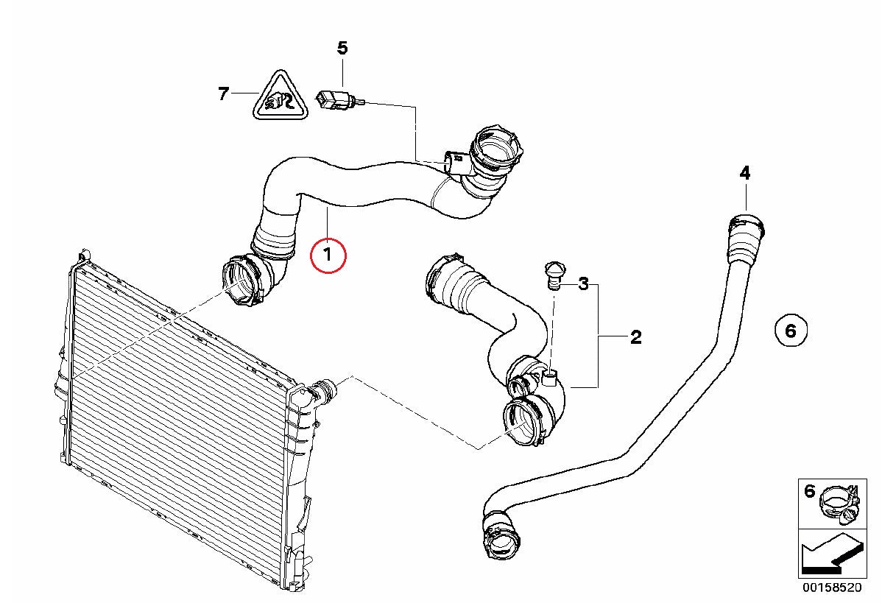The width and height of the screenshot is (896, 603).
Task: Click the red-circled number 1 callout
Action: [x=328, y=255]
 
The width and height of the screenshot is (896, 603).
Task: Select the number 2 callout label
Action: [x=636, y=337]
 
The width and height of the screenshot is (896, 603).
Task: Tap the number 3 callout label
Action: [x=584, y=284]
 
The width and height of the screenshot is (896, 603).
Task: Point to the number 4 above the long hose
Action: [x=745, y=173]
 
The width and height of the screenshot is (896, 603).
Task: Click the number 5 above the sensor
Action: [x=342, y=48]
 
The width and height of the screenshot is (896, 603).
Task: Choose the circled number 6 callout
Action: [x=791, y=331]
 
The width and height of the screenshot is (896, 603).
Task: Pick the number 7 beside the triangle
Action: [x=223, y=94]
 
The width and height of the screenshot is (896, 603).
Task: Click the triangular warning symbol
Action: [x=281, y=96]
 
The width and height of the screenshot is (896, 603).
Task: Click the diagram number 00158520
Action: [x=832, y=588]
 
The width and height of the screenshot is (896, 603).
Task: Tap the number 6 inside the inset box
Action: [x=809, y=491]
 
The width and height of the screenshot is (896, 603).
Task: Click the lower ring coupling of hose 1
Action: [x=242, y=281]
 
